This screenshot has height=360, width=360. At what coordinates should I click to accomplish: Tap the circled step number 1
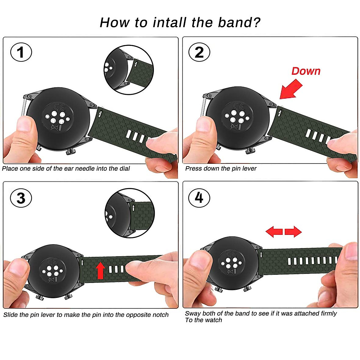point(21,52)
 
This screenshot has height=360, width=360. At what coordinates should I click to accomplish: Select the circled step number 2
point(199,52)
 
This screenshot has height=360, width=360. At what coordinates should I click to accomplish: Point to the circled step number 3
point(21,198)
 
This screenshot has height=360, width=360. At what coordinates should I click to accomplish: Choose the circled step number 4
point(199,198)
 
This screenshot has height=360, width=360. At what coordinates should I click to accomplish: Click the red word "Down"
point(306,71)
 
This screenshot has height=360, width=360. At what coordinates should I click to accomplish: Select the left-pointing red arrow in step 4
point(274,232)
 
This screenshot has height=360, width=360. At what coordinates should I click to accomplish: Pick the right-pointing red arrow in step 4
point(293,232)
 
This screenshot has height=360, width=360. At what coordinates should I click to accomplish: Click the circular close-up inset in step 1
point(129,70)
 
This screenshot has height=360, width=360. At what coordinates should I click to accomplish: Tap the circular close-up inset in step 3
point(130,213)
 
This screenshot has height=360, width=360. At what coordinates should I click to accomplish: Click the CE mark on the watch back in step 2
point(239,106)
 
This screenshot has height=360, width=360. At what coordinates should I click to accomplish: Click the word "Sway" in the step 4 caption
point(193,314)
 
